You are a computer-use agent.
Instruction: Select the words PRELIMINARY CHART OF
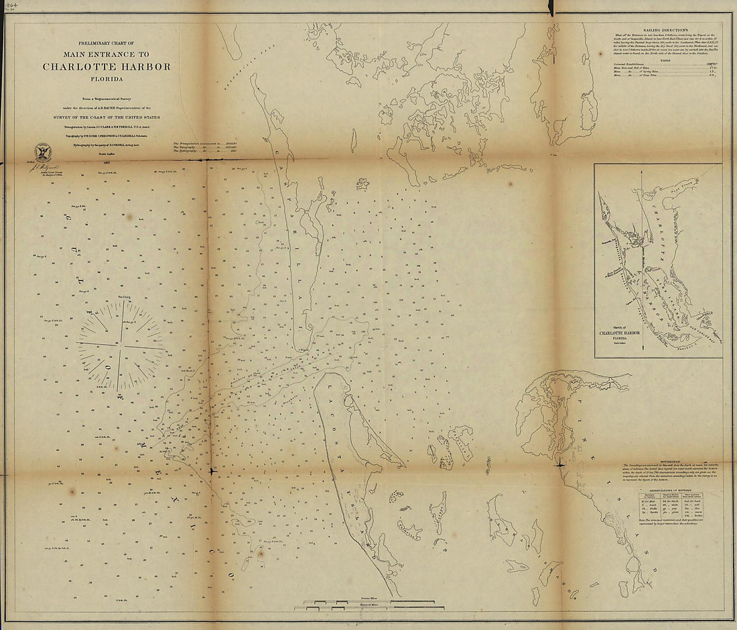pyautogui.click(x=107, y=44)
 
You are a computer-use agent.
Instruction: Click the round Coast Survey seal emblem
pyautogui.click(x=43, y=152)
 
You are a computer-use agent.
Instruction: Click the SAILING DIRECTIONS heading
pyautogui.click(x=667, y=31)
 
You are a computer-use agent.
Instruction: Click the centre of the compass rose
pyautogui.click(x=121, y=346)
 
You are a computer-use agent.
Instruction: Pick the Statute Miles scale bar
pyautogui.click(x=368, y=601)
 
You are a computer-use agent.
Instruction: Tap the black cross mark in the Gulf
pyautogui.click(x=211, y=471)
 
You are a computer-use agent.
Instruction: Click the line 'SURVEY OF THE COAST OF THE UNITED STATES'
pyautogui.click(x=107, y=117)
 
